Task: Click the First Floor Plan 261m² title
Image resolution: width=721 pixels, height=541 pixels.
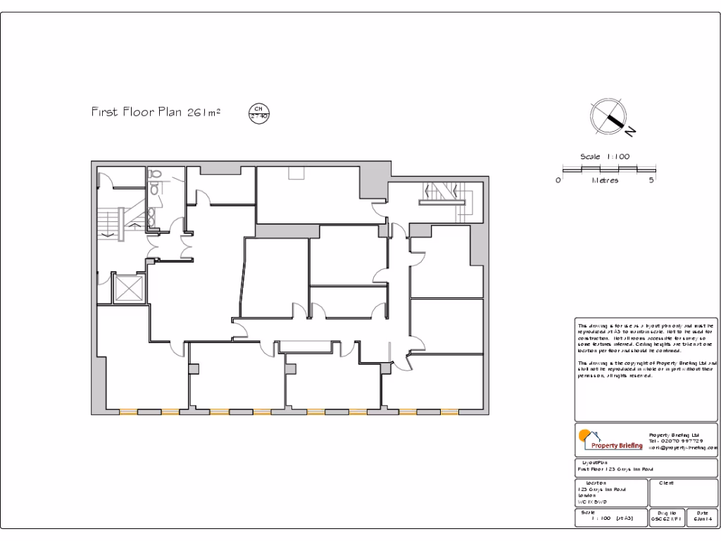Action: [x=156, y=112]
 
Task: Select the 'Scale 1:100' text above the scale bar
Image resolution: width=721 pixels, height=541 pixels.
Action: [x=604, y=156]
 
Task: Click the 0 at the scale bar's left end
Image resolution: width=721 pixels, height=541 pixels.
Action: [x=558, y=180]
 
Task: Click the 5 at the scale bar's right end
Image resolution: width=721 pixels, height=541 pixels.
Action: [x=652, y=180]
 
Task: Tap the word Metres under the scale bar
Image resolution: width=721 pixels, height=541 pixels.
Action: [x=605, y=180]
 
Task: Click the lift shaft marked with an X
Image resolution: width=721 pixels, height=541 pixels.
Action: [x=128, y=287]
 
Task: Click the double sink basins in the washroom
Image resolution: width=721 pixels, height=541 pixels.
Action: [x=152, y=216]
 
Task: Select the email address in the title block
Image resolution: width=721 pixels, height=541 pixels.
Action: [x=682, y=447]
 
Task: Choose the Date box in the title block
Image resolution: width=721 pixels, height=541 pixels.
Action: [x=701, y=517]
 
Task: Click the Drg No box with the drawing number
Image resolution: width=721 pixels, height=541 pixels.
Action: [x=665, y=517]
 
